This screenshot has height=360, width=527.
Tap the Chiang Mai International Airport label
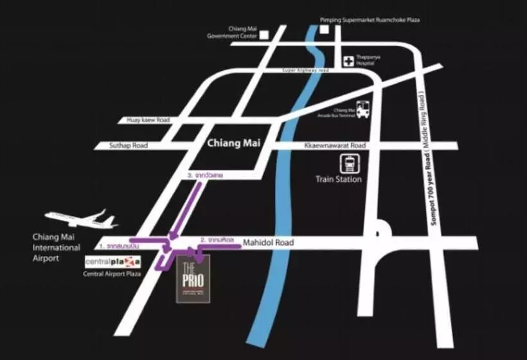tap(57, 248)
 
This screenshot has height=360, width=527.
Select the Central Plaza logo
tap(113, 262)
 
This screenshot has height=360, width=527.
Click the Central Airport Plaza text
tap(112, 274)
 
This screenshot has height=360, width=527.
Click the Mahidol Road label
tap(268, 242)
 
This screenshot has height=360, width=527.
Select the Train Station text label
tap(339, 179)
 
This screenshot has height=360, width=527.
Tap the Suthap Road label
tap(130, 146)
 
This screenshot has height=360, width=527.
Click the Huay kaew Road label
tap(147, 120)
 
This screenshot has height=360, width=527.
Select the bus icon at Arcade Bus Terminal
tap(363, 109)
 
